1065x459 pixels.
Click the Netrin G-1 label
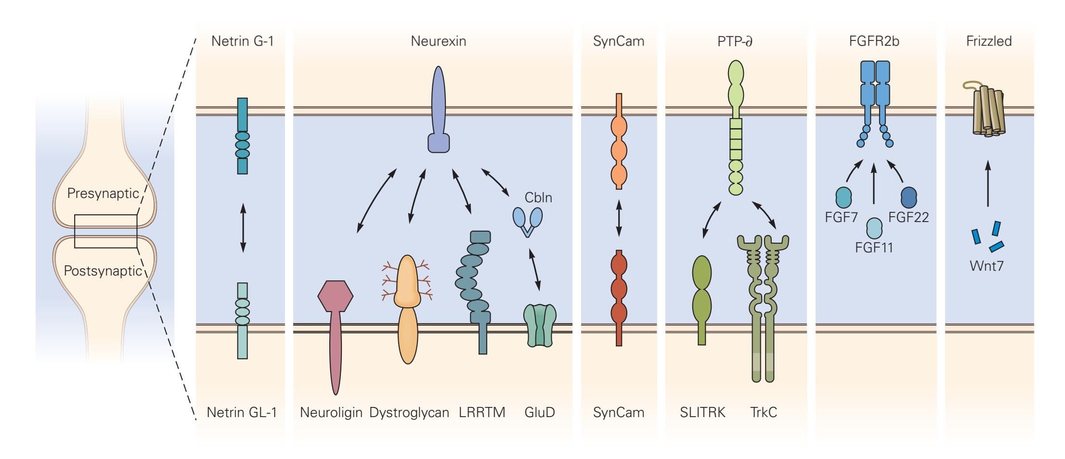[x=242, y=41]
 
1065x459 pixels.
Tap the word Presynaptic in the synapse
[x=103, y=194]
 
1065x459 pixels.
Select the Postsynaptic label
[x=103, y=271]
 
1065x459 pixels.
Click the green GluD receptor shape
[x=540, y=325]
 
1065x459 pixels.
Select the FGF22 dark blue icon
[x=909, y=197]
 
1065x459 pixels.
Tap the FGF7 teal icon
[x=844, y=197]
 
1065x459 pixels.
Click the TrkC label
[x=764, y=413]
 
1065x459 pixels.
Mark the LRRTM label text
[x=482, y=413]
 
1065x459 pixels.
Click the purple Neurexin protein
[x=439, y=111]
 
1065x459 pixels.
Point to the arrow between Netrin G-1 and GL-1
[x=243, y=228]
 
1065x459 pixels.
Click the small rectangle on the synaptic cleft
[x=106, y=231]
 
